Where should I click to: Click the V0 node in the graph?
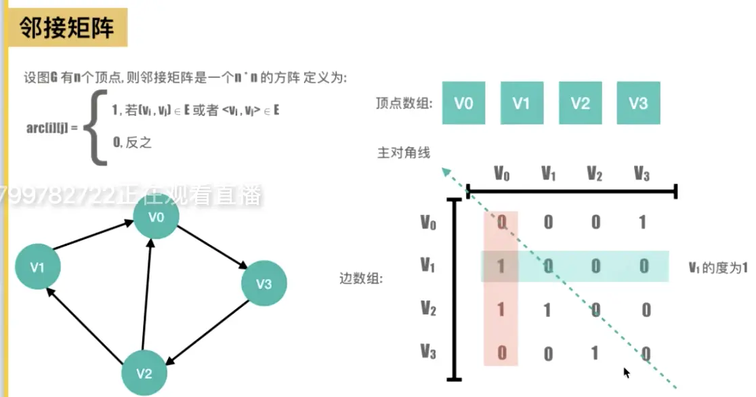156,217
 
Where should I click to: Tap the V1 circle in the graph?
37,267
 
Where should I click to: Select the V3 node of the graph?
264,284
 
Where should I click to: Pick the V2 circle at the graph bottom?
144,373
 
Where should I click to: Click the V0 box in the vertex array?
464,103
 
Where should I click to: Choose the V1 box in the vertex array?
522,103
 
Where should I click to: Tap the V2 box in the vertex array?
580,103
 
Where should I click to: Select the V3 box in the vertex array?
638,103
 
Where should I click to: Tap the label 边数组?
361,278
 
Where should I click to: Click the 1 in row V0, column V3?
642,222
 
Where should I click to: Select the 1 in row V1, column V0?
501,266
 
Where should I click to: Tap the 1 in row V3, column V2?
595,353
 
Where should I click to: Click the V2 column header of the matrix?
595,174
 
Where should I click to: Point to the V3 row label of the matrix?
427,352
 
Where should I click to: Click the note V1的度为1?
717,267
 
